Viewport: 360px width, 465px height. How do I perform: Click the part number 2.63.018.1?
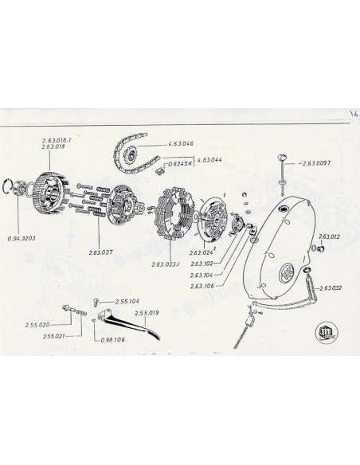(57, 141)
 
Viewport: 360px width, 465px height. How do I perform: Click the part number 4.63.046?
(182, 144)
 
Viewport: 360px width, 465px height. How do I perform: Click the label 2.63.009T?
(319, 163)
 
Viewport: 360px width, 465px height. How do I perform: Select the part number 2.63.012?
(330, 237)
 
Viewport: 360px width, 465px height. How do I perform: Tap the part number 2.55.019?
(149, 313)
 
